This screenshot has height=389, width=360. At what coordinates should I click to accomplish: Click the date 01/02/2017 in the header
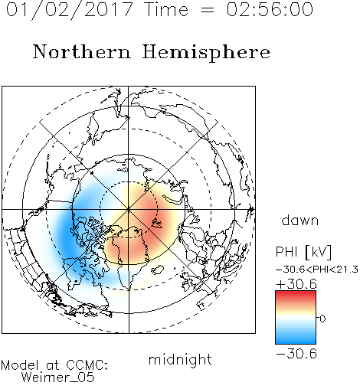coord(70,10)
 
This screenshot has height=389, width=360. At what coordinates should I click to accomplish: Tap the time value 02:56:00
coord(270,9)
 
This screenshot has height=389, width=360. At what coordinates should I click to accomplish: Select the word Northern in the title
coord(82,51)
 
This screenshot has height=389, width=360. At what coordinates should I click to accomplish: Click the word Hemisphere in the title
coord(206,53)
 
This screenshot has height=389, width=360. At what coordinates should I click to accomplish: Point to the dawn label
coord(300,221)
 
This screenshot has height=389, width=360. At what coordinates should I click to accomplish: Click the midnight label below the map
coord(180,359)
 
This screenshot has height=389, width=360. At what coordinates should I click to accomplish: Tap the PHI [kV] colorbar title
coord(304,252)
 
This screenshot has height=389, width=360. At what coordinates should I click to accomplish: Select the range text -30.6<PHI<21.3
coord(317,270)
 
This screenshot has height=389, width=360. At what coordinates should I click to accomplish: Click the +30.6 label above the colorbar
coord(296,284)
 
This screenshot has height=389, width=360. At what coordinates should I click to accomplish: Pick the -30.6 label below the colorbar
coord(296,354)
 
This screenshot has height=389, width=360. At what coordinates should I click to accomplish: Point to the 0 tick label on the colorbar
coord(322,319)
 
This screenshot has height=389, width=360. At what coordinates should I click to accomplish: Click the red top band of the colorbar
coord(296,293)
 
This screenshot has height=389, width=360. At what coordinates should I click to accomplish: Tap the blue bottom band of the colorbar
coord(296,342)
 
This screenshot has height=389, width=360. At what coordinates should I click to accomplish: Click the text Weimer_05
coord(58,378)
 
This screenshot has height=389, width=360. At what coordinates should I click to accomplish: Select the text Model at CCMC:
coord(54,365)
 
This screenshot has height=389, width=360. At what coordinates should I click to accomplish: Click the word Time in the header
coord(166,9)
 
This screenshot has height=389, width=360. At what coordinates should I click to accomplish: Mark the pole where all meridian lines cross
coord(129,209)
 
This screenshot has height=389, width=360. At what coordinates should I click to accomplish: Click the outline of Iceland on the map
coord(158,270)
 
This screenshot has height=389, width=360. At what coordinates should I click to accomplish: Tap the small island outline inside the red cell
coord(156,224)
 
